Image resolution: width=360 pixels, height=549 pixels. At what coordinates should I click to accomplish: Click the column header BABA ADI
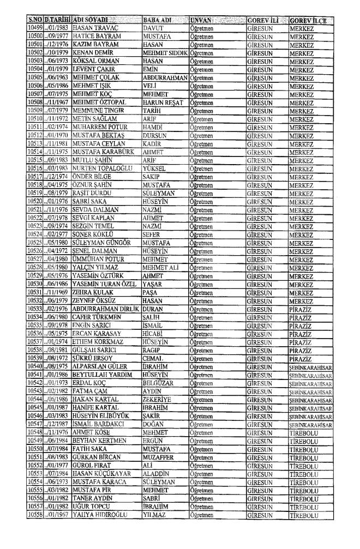point(157,21)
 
